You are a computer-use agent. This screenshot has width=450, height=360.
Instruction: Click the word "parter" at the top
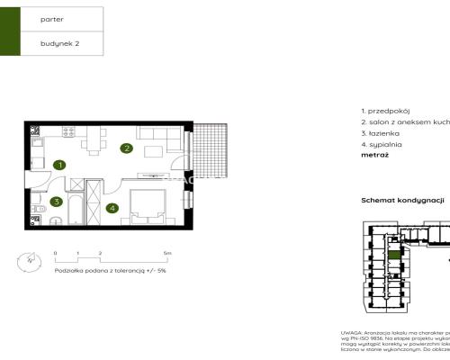pyautogui.click(x=52, y=18)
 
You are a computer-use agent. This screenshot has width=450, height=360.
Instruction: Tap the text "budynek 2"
pyautogui.click(x=59, y=42)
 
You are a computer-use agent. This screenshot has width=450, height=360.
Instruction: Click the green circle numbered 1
pyautogui.click(x=59, y=165)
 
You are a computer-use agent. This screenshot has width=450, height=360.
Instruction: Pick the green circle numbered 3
pyautogui.click(x=56, y=202)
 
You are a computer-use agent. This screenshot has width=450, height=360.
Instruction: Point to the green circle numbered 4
pyautogui.click(x=112, y=209)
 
